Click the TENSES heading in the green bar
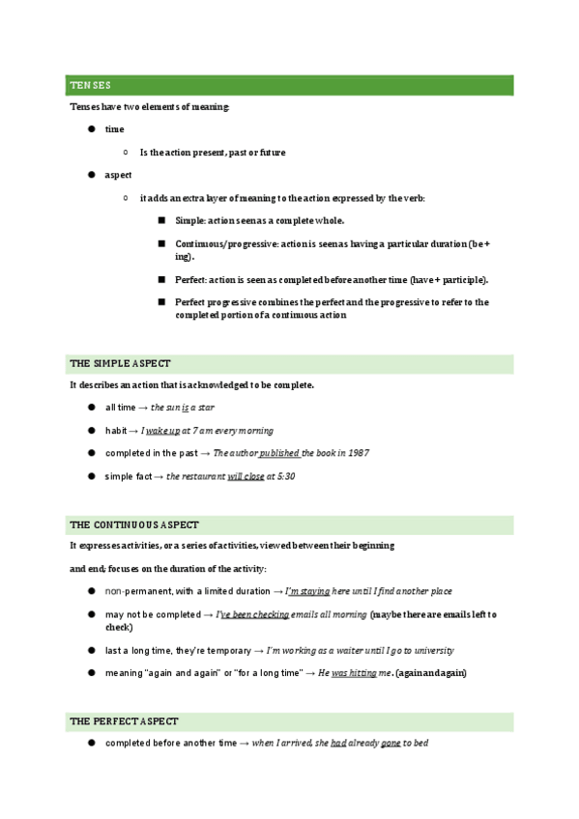90,87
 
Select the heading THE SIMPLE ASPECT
119,364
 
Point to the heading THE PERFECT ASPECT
123,721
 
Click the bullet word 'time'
114,129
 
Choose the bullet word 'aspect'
118,175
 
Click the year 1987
358,453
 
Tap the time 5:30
282,476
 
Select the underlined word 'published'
279,453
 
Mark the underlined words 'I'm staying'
307,591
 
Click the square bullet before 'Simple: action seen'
161,221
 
